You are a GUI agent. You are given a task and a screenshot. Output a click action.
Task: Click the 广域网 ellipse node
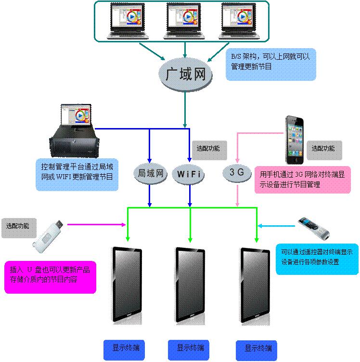tap(185, 75)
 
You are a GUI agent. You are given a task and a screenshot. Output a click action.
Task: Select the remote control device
tap(314, 228)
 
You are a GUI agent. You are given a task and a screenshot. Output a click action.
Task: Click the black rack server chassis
tap(73, 140)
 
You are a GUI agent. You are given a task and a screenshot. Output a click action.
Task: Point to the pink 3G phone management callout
tap(302, 179)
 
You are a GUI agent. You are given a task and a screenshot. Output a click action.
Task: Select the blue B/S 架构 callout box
tap(270, 64)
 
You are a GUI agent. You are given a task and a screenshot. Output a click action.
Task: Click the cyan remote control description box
tap(317, 259)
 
